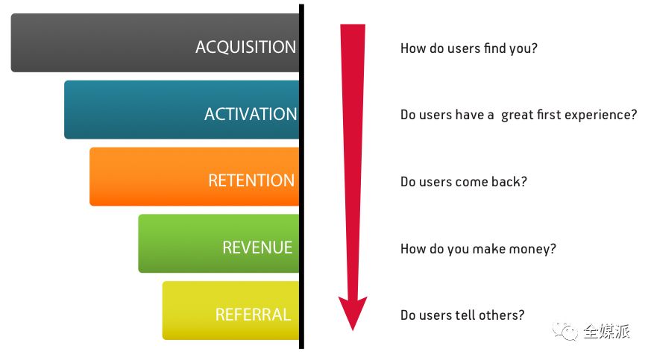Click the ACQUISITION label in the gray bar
(245, 47)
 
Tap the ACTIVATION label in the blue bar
(251, 114)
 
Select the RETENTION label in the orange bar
(251, 180)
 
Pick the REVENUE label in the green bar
(257, 247)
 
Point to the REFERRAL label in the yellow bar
(253, 315)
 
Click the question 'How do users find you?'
(469, 48)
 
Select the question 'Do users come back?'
(463, 182)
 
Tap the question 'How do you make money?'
(478, 249)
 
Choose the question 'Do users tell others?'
(462, 315)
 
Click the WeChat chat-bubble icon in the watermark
(565, 331)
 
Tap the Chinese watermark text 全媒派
(606, 331)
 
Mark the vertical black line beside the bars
(301, 177)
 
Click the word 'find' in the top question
(495, 48)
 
